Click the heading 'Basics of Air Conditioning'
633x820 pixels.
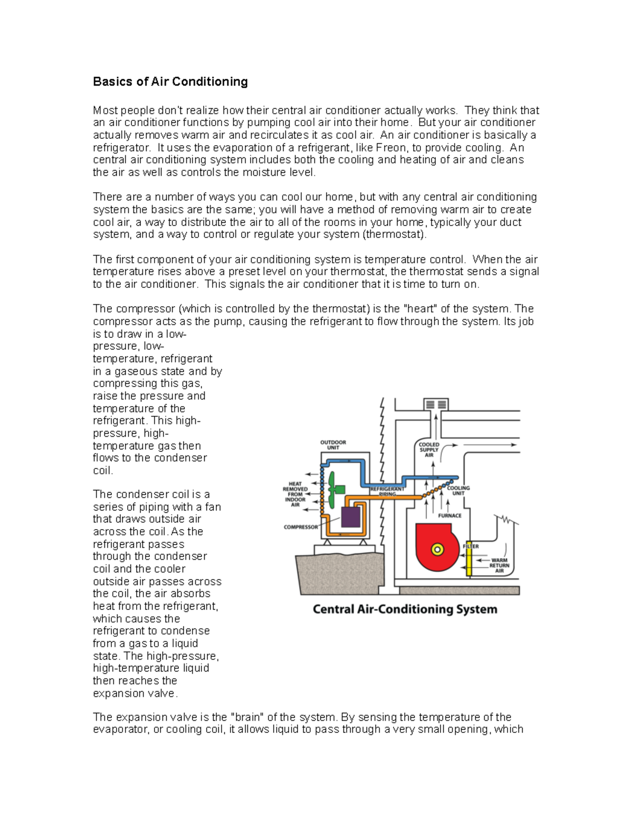170,81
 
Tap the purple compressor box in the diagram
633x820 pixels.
351,516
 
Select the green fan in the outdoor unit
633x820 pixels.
333,489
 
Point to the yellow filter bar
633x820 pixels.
468,557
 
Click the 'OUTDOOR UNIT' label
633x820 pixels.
333,445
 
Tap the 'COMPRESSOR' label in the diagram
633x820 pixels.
301,527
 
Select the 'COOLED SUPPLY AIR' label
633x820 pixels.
429,450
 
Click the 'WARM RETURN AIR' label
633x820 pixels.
499,565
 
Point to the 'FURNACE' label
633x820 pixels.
449,515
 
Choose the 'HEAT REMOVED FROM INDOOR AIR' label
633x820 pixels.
295,494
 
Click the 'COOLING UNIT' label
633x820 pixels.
458,491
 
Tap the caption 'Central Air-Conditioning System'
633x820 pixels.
405,609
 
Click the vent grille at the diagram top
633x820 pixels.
436,405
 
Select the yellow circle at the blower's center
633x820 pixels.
437,550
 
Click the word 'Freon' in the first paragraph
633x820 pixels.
390,148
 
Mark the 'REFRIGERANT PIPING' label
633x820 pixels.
387,492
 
